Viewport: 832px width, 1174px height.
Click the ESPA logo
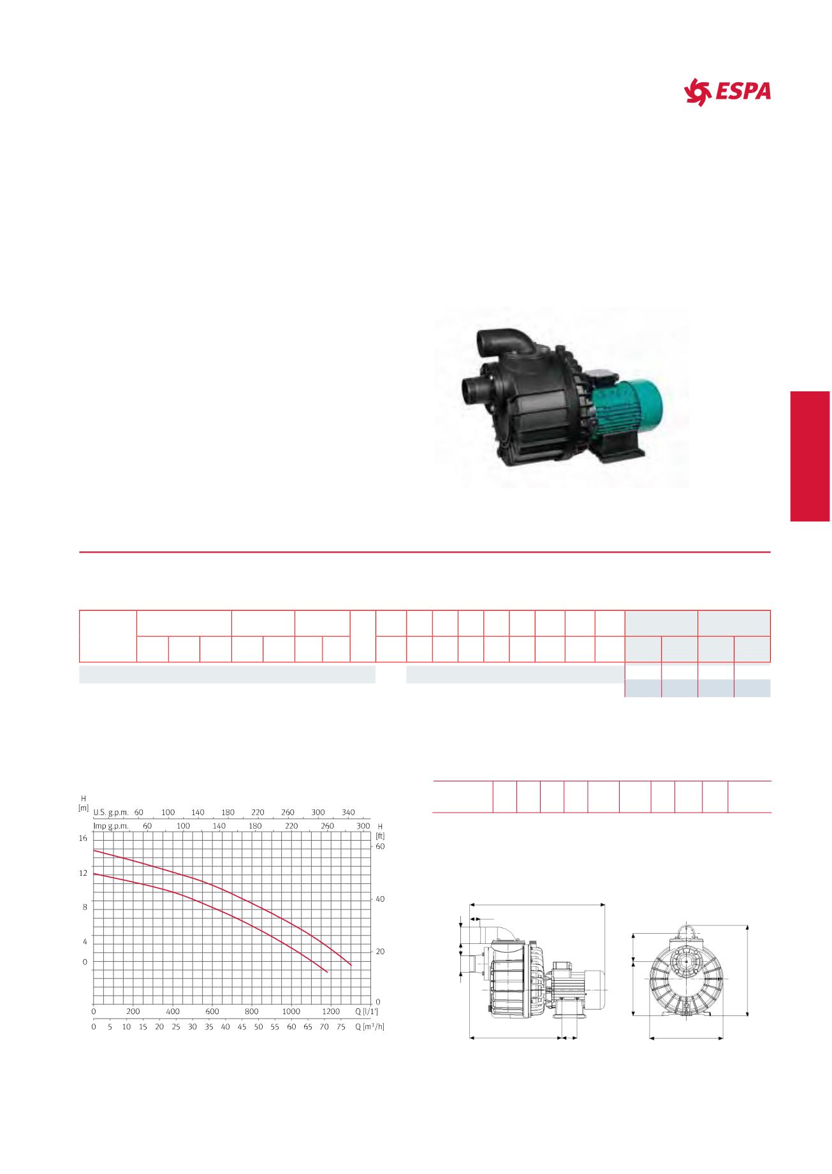(727, 92)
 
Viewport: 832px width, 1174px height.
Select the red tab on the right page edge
(810, 456)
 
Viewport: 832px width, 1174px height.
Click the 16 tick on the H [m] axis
(83, 838)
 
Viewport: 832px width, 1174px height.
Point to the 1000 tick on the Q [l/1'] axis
(291, 1011)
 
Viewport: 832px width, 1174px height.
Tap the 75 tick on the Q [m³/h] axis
(341, 1027)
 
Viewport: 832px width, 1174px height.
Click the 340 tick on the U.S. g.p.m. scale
(348, 812)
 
